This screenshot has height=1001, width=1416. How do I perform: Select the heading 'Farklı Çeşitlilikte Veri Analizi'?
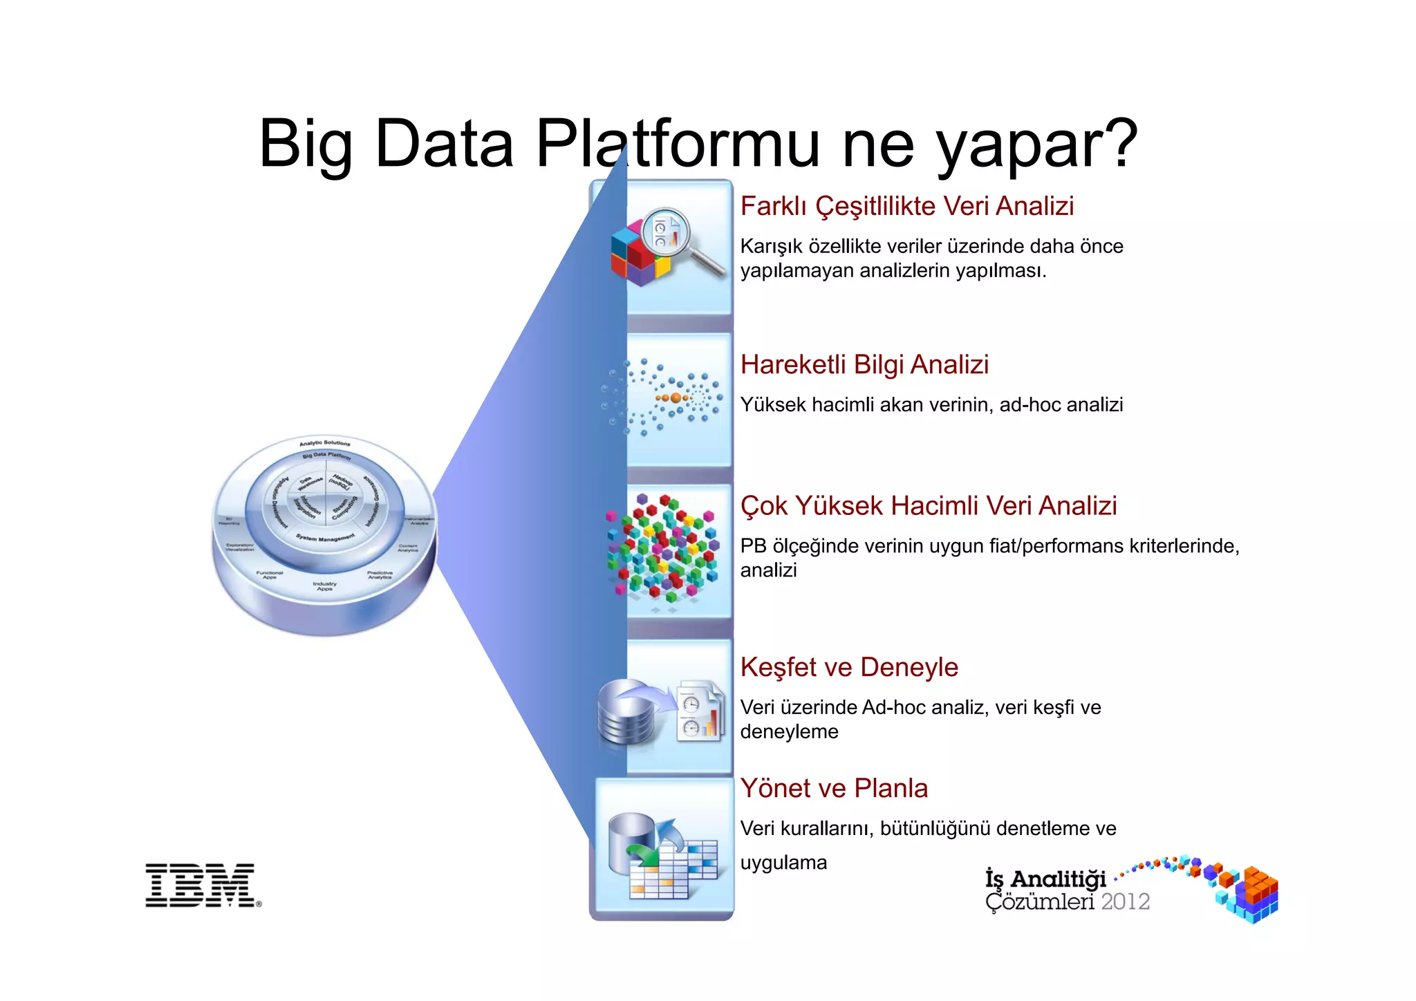906,206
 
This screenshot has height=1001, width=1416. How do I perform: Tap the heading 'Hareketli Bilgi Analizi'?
864,364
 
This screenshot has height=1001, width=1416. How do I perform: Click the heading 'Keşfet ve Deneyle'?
849,667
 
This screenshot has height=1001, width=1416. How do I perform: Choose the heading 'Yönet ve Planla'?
834,788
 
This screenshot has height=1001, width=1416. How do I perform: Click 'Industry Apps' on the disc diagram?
324,586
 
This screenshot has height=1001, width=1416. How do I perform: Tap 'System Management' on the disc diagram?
325,537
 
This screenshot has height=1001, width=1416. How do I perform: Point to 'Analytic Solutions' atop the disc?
324,443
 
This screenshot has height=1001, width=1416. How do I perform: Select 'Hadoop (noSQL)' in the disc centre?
342,482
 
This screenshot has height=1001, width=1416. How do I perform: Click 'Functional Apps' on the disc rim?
269,574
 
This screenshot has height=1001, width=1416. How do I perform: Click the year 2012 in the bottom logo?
1125,901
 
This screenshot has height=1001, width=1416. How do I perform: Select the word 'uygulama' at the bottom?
783,863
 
